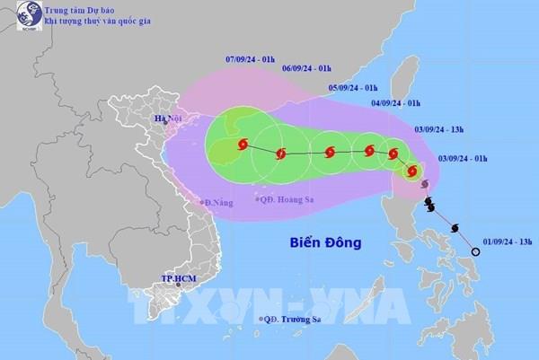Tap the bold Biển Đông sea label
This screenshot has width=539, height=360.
coord(324,243)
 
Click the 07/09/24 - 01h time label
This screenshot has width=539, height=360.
coord(249,58)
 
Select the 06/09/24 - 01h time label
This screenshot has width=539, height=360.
coord(305,67)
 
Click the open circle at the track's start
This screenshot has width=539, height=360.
coord(476,252)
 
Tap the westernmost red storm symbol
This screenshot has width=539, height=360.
coord(242,145)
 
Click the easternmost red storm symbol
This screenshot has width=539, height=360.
coord(413,171)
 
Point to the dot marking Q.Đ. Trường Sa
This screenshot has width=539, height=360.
coord(261,320)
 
